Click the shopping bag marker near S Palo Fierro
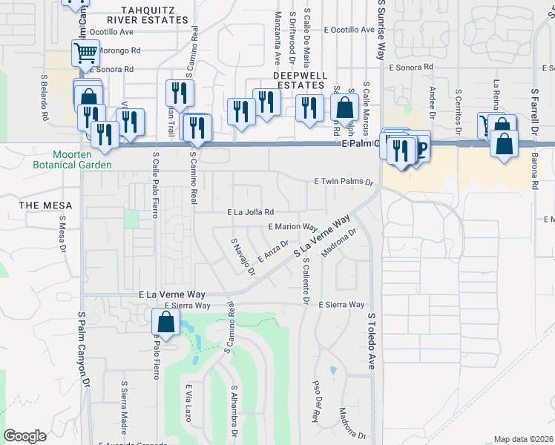pos(165,323)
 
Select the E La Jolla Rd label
pos(250,212)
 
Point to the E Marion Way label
pos(292,227)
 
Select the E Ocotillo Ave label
pos(349,30)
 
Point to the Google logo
pos(24,435)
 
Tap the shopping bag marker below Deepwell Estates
pos(345,108)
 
